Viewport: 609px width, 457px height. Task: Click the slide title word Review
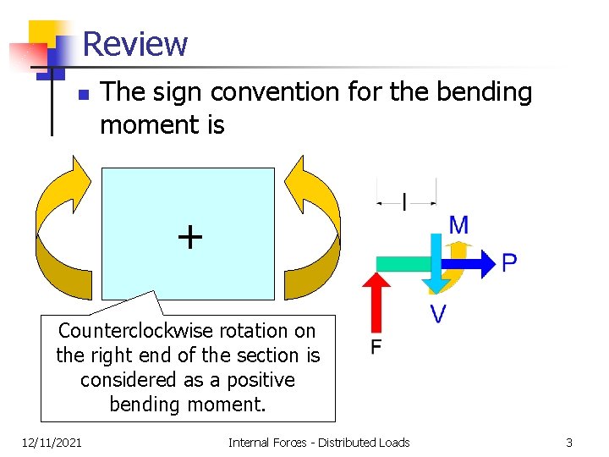coord(135,43)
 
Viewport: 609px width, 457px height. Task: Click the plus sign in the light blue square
coord(189,237)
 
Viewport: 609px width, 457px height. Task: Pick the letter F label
coord(376,347)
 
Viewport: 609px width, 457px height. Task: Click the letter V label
coord(437,315)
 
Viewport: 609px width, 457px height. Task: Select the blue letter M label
coord(458,225)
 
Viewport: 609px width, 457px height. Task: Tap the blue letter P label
coord(509,263)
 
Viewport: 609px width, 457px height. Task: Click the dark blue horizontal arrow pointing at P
coord(478,263)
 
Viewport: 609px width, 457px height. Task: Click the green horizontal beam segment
coord(403,263)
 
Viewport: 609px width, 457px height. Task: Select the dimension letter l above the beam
coord(404,202)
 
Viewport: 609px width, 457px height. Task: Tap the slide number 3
coord(569,443)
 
